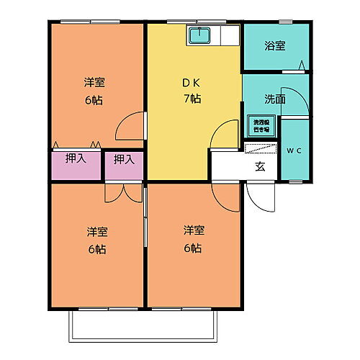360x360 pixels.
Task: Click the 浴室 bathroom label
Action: click(275, 47)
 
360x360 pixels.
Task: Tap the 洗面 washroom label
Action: click(274, 99)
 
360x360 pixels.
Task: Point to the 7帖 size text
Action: click(192, 99)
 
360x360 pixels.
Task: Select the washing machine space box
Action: click(261, 126)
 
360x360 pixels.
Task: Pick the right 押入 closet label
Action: click(125, 158)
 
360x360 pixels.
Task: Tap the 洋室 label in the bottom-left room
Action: click(97, 232)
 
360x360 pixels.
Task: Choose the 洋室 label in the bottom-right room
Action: click(193, 232)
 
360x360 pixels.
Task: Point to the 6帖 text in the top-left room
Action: click(93, 100)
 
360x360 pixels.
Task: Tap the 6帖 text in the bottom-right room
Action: click(193, 248)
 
